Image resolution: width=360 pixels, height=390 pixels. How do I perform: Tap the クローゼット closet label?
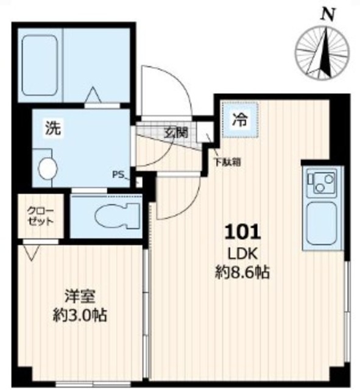pyautogui.click(x=40, y=217)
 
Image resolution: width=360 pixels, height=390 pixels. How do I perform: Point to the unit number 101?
pyautogui.click(x=244, y=232)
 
